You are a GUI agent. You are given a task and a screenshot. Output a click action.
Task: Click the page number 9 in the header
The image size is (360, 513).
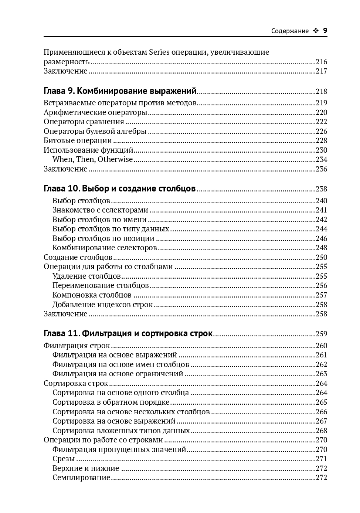pyautogui.click(x=325, y=31)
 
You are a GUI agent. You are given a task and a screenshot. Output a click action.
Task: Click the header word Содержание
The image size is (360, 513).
pyautogui.click(x=290, y=31)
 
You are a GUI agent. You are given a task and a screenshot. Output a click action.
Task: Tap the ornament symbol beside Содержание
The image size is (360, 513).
pyautogui.click(x=316, y=31)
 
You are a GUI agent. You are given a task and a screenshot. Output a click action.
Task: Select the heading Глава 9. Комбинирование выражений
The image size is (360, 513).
pyautogui.click(x=120, y=91)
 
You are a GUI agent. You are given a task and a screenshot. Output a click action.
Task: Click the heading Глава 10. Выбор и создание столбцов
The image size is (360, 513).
pyautogui.click(x=119, y=189)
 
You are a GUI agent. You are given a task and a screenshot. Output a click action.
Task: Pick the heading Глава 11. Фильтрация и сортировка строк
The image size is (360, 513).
pyautogui.click(x=128, y=334)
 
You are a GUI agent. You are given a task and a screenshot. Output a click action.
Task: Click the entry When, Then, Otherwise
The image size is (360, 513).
pyautogui.click(x=92, y=159)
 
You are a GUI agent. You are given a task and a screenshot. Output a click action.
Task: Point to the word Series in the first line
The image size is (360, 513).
pyautogui.click(x=159, y=52)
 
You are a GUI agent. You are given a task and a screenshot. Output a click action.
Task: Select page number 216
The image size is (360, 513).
pyautogui.click(x=321, y=62)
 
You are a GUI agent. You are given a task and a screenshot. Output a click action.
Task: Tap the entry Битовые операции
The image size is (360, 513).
pyautogui.click(x=78, y=140)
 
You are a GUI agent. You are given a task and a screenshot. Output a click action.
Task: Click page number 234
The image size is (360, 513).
pyautogui.click(x=321, y=159)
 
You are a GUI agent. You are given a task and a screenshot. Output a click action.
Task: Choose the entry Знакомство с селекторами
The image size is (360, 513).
pyautogui.click(x=100, y=210)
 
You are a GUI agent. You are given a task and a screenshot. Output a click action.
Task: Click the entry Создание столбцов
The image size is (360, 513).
pyautogui.click(x=78, y=257)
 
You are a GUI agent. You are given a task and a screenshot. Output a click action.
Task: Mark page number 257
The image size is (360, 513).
pyautogui.click(x=321, y=295)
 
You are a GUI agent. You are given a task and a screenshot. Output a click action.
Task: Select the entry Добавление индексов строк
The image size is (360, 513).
pyautogui.click(x=102, y=305)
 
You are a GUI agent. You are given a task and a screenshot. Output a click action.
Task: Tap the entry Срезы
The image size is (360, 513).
pyautogui.click(x=64, y=459)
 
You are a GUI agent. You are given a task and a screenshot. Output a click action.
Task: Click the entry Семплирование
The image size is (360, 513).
pyautogui.click(x=81, y=478)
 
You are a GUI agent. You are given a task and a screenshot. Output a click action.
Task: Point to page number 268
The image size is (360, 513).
pyautogui.click(x=321, y=431)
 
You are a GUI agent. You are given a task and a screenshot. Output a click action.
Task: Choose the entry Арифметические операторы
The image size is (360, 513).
pyautogui.click(x=95, y=112)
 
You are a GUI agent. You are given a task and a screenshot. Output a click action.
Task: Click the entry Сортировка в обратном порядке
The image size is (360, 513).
pyautogui.click(x=111, y=402)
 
